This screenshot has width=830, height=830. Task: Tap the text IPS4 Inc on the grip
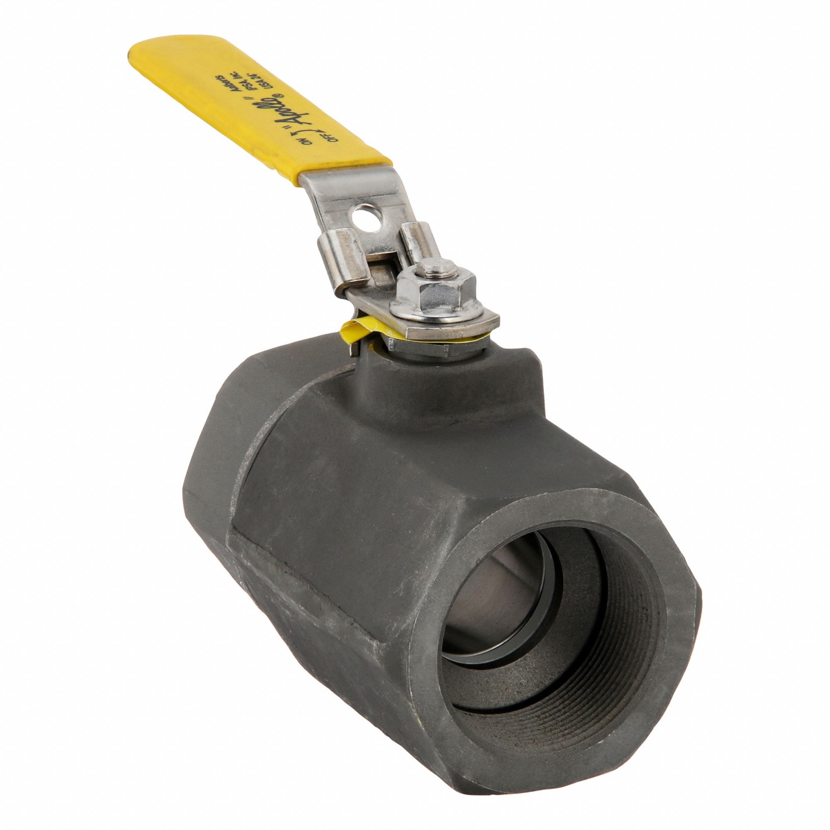coord(271,76)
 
